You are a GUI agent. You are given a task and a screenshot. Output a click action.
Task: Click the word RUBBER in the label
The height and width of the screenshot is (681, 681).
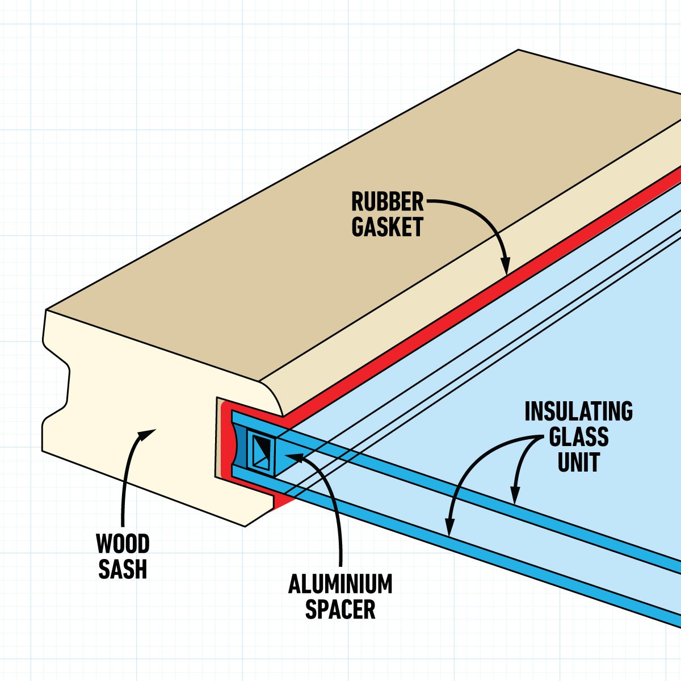coord(387,201)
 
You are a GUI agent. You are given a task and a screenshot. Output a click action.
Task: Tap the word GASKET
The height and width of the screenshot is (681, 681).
coord(387,227)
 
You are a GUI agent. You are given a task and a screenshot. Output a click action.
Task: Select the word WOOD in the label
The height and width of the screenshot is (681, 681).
coord(123,544)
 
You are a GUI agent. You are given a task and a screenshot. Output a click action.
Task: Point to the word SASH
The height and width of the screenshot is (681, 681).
coord(123,569)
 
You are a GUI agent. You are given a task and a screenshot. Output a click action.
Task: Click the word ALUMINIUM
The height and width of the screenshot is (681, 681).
coord(340,584)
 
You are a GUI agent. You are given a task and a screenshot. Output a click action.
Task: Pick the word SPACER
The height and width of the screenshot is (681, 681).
coord(340,609)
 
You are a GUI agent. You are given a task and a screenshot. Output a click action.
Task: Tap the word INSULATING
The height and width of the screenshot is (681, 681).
coord(578,412)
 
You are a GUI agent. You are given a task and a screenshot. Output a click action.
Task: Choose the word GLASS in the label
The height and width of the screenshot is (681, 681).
coord(578,438)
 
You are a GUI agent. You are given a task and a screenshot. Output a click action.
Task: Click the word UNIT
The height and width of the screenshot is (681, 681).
coord(578,463)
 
